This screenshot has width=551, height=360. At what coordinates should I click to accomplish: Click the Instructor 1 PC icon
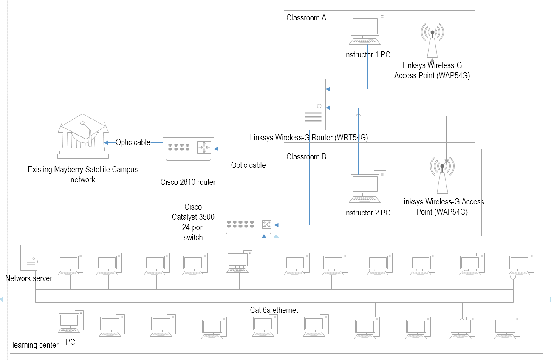[367, 29]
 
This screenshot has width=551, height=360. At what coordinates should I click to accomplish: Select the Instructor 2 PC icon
[367, 187]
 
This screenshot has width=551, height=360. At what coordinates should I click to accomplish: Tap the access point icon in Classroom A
[432, 40]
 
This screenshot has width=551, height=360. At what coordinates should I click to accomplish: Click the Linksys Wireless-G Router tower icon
[309, 105]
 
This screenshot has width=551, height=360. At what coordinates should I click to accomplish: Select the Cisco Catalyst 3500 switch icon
[249, 225]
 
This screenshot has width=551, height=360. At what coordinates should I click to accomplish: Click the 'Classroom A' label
[306, 18]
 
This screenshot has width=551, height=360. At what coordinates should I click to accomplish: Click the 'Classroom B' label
[306, 157]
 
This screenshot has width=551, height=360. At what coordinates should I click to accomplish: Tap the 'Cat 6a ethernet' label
[274, 310]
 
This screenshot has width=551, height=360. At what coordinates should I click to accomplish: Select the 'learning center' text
[35, 345]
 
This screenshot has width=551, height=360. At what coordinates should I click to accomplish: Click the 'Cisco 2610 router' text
[188, 182]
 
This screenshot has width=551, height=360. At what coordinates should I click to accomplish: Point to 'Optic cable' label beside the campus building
[133, 142]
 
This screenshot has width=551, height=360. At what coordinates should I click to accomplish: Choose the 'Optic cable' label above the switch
[248, 165]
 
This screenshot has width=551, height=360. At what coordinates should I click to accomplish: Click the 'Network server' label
[28, 278]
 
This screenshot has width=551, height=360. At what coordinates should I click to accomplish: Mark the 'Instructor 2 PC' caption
[367, 213]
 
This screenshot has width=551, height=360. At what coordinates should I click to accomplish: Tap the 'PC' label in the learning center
[70, 342]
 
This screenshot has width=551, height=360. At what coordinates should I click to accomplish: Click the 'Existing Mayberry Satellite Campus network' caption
[83, 174]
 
